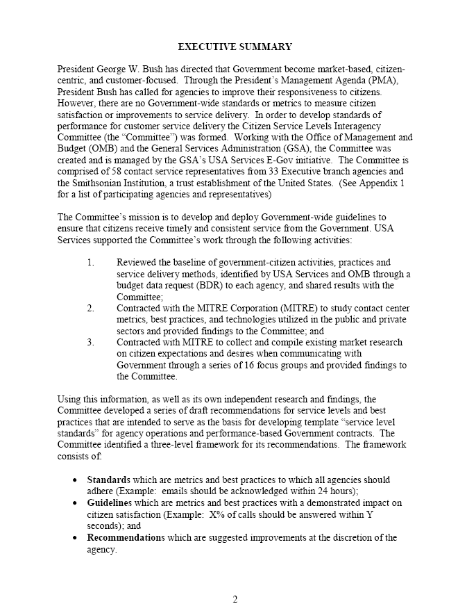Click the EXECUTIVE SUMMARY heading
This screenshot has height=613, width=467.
point(235,47)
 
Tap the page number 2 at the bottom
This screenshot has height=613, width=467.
point(235,600)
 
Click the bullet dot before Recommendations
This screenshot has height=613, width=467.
point(76,538)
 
